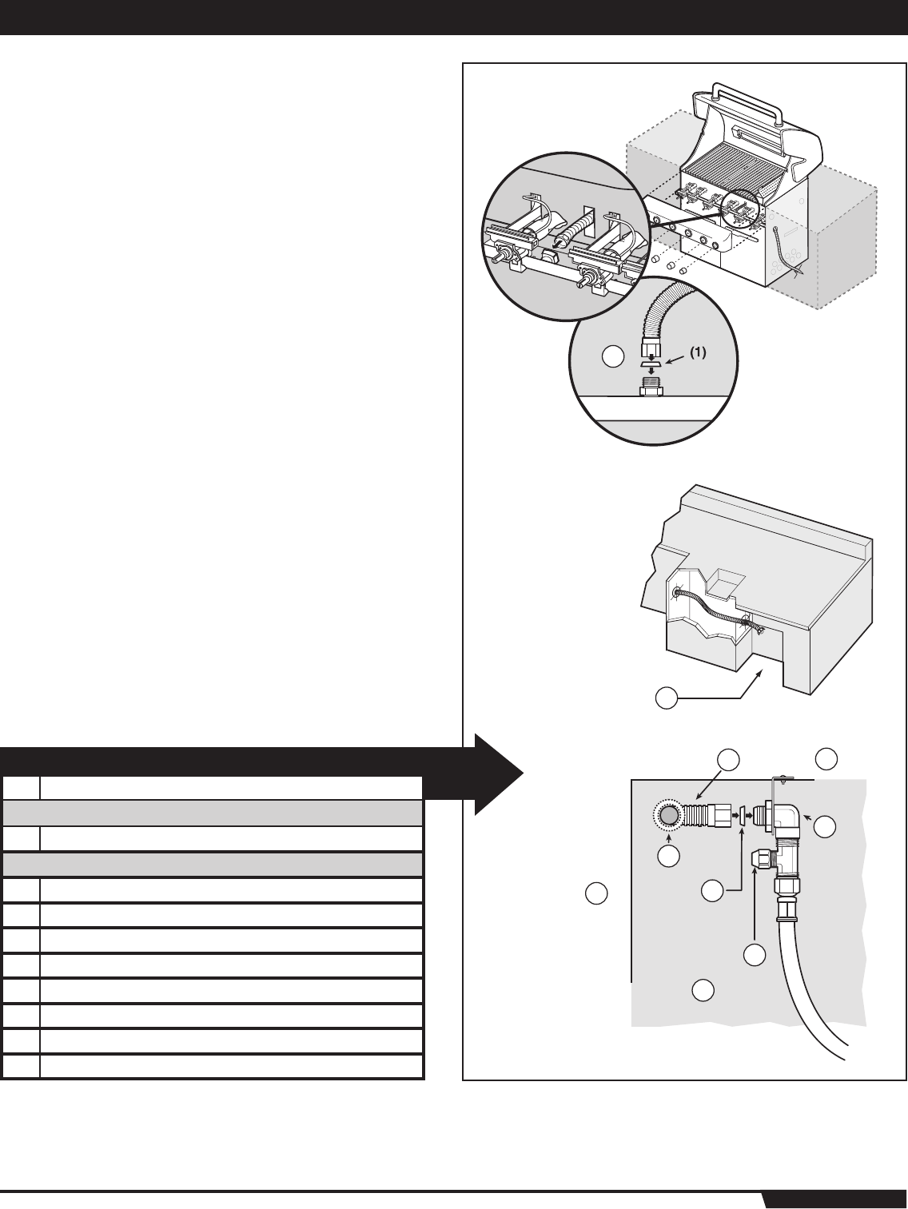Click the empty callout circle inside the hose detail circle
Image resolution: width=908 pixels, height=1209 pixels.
[611, 357]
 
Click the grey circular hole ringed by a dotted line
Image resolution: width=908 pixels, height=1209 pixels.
[668, 816]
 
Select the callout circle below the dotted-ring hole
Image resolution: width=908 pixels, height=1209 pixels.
[669, 856]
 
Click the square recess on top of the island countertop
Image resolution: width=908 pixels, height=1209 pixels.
[724, 581]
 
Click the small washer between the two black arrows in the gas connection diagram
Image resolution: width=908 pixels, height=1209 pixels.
[742, 817]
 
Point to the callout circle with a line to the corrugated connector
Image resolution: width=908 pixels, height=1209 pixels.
[727, 759]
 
